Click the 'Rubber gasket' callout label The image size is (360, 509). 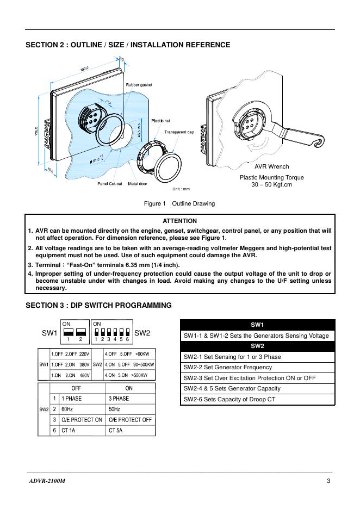(x=139, y=85)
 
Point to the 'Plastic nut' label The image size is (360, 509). (x=160, y=121)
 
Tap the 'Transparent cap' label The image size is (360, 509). (x=179, y=132)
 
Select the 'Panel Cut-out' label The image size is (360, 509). (x=111, y=184)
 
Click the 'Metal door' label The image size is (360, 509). (x=138, y=184)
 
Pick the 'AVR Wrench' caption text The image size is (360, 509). (x=272, y=166)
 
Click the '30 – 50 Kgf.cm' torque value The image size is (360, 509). (x=271, y=184)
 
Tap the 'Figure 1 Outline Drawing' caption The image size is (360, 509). (x=179, y=203)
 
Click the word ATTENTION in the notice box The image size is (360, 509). (x=179, y=221)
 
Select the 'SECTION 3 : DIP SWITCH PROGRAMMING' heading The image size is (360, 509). (x=98, y=305)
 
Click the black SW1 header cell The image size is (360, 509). (x=257, y=325)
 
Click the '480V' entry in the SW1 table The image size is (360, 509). (x=84, y=375)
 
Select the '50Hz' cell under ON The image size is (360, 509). (x=115, y=409)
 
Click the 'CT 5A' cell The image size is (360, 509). (x=116, y=430)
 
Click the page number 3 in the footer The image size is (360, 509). (x=328, y=481)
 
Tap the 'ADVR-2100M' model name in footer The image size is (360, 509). (x=49, y=481)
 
